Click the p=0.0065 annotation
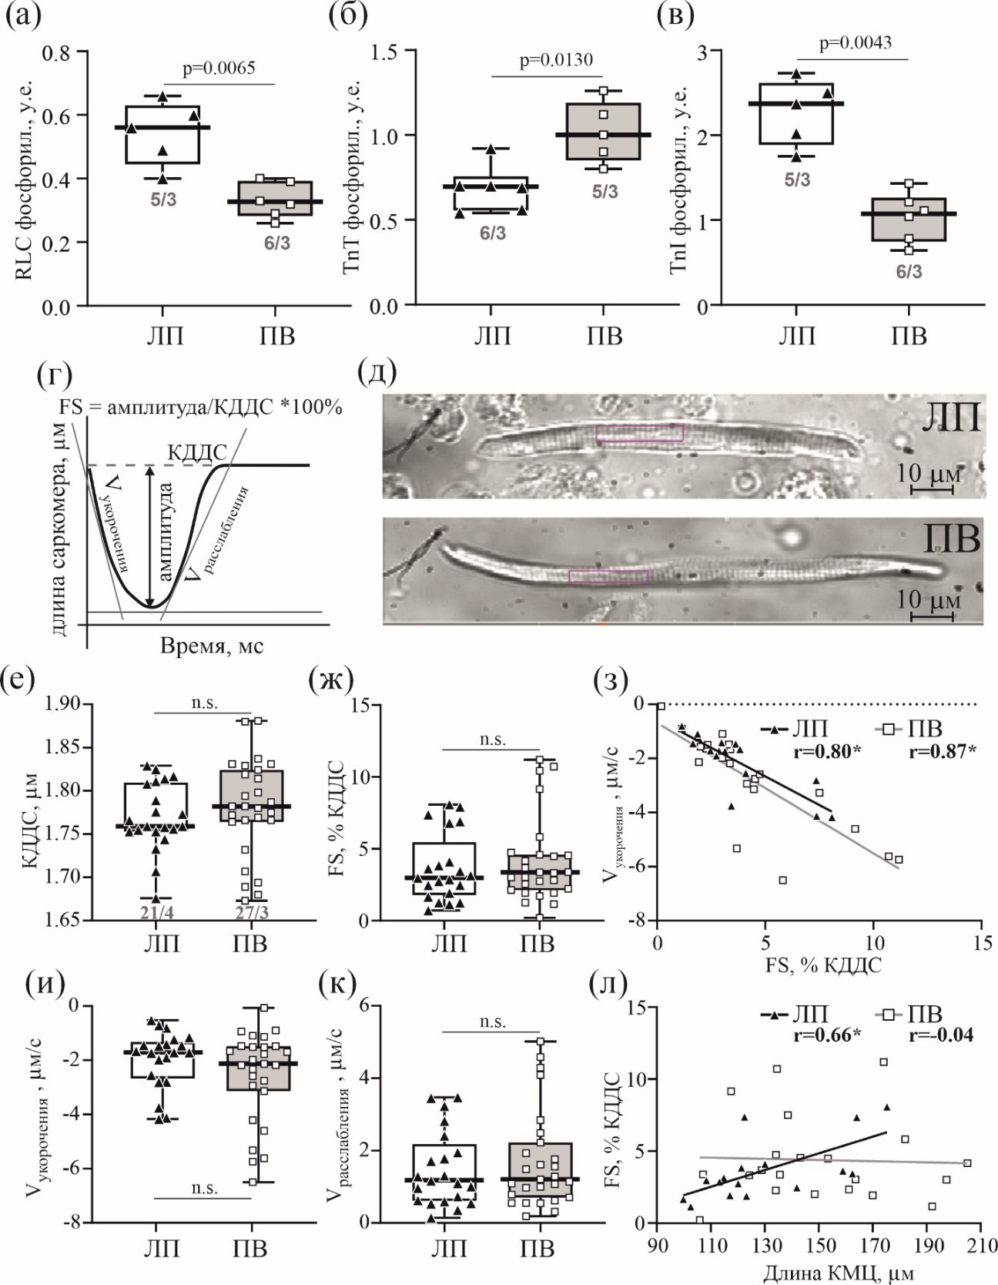coord(219,69)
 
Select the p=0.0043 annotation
coord(856,42)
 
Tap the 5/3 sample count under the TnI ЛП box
coord(797,180)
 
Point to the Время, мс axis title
coord(213,646)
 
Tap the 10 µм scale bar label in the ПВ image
coord(931,599)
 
